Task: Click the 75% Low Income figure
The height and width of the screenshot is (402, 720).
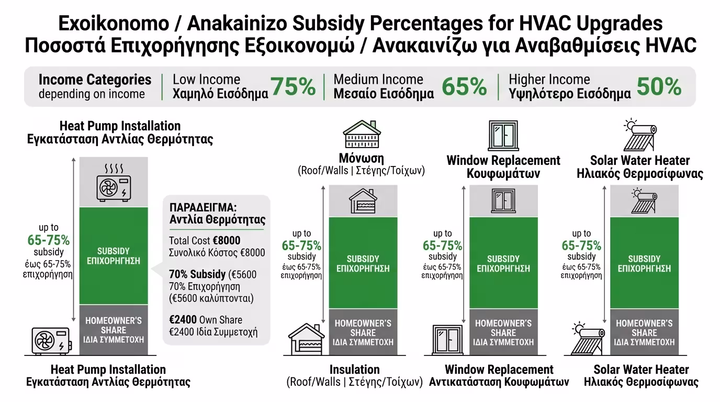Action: pyautogui.click(x=293, y=87)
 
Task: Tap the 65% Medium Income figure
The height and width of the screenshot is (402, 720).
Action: pyautogui.click(x=464, y=87)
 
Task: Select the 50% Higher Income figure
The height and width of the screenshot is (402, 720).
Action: pyautogui.click(x=659, y=87)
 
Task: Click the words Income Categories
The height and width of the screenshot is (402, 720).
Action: pyautogui.click(x=95, y=80)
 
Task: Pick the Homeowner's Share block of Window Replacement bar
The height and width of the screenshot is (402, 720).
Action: pyautogui.click(x=503, y=332)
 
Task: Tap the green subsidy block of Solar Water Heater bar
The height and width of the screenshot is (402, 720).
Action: pyautogui.click(x=644, y=263)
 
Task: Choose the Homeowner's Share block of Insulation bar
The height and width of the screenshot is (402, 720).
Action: pyautogui.click(x=363, y=332)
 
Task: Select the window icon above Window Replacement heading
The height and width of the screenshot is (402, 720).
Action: pyautogui.click(x=503, y=135)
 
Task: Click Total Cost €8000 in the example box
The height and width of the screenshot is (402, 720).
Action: pyautogui.click(x=205, y=241)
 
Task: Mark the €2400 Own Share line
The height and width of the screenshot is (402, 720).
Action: pyautogui.click(x=206, y=320)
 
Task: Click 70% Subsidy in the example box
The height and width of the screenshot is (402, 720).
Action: pyautogui.click(x=198, y=274)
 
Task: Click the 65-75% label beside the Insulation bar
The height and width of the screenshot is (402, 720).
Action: pyautogui.click(x=301, y=245)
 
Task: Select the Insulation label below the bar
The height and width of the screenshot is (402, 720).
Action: pyautogui.click(x=354, y=370)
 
